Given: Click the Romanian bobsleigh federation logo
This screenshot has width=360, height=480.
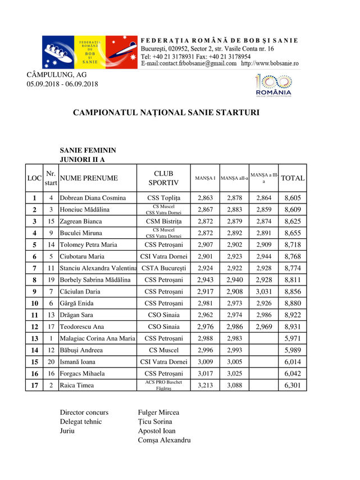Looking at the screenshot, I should click(x=90, y=52).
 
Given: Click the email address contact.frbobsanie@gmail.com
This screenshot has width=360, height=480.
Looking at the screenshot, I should click(x=189, y=64).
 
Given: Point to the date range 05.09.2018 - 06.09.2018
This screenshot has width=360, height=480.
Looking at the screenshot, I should click(x=62, y=84).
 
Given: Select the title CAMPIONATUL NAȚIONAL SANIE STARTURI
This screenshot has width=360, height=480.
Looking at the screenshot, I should click(x=166, y=112).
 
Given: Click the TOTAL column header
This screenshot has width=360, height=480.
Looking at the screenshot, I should click(x=293, y=178).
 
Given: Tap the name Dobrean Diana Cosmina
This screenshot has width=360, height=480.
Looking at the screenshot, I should click(x=93, y=198).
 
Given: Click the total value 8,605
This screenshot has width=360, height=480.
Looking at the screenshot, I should click(x=293, y=198).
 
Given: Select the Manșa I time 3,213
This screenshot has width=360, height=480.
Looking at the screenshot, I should click(x=206, y=385).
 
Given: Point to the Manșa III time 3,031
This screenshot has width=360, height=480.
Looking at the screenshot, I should click(x=263, y=292).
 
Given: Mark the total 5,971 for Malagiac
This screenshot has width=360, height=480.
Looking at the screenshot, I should click(x=293, y=338).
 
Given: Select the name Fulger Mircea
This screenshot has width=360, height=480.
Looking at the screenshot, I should click(x=158, y=413).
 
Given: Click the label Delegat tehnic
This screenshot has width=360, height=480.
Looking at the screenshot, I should click(x=81, y=422).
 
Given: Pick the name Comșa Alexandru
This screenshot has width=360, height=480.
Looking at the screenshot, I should click(x=164, y=440).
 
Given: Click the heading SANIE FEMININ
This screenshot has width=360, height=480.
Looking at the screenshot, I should click(x=88, y=151).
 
